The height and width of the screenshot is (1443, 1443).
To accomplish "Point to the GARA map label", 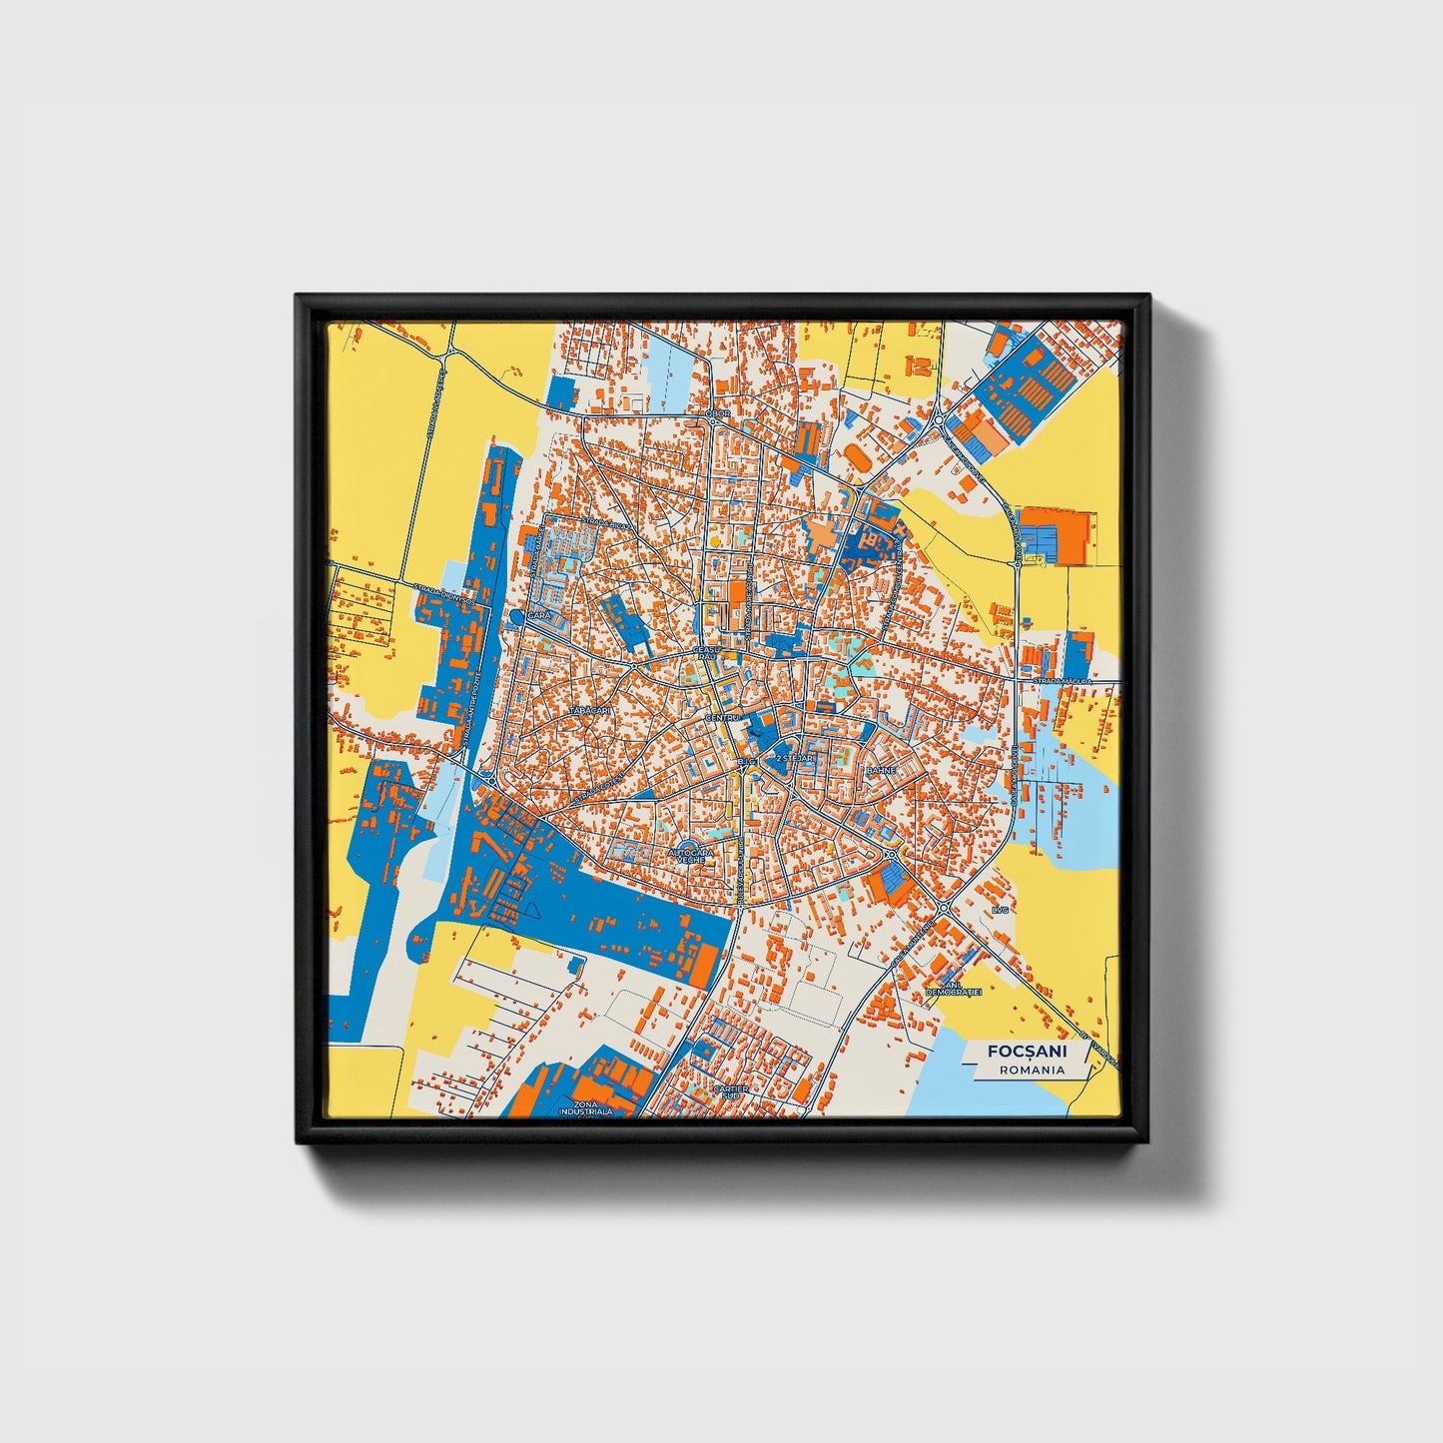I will [539, 616].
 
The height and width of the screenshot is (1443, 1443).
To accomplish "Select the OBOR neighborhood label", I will [718, 412].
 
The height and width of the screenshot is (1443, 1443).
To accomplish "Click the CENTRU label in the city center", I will [720, 718].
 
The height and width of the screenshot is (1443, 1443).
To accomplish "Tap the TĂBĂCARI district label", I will [588, 709].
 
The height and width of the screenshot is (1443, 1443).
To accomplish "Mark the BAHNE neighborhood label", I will [881, 771].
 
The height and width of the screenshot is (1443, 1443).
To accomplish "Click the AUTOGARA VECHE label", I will [690, 856].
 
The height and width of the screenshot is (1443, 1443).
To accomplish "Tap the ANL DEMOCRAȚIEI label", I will [954, 989].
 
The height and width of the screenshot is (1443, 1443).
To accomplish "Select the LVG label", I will [1001, 911].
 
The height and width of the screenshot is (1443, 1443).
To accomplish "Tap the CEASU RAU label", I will [706, 654].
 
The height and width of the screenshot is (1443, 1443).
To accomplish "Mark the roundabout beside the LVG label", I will [943, 908].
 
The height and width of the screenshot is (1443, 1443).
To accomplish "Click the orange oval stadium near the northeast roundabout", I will [857, 457].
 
